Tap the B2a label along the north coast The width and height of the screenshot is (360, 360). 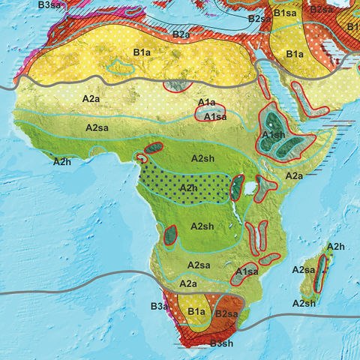[181, 34]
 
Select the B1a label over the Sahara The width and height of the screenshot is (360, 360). [142, 52]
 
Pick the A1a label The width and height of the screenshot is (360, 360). [206, 102]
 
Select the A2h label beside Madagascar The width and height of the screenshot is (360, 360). [335, 247]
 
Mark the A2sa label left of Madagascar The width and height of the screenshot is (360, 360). [303, 270]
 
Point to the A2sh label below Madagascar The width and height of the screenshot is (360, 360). [304, 303]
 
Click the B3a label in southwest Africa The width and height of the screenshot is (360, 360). [159, 306]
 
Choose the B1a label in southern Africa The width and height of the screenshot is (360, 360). [196, 312]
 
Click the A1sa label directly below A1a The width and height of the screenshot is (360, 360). [216, 117]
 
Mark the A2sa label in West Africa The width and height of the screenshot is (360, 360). [98, 128]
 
